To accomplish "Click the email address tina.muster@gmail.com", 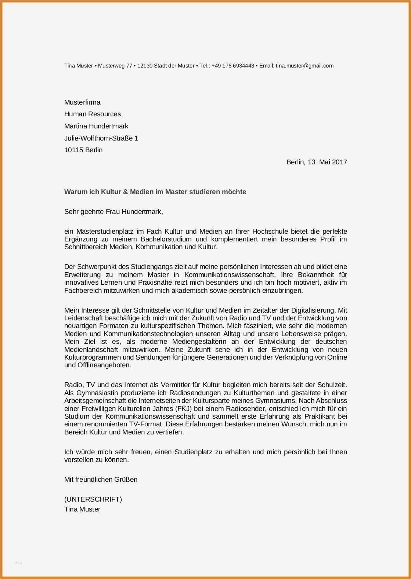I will click(304, 66).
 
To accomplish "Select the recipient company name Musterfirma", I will click(82, 102).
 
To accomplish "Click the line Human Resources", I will click(93, 114).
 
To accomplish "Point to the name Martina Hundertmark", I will click(96, 126).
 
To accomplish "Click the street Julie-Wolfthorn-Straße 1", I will click(101, 138).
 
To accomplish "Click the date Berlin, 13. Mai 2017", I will click(317, 162).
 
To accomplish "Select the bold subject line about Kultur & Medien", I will click(155, 192).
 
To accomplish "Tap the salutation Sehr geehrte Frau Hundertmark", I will click(113, 212).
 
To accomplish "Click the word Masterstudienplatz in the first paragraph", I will click(104, 232).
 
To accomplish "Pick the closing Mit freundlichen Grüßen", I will click(101, 480).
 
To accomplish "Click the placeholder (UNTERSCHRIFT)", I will click(93, 499).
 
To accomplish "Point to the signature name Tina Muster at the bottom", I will click(82, 509).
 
